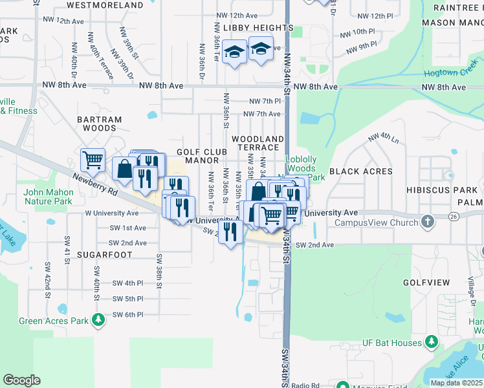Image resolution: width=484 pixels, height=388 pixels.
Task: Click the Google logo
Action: pos(21,380)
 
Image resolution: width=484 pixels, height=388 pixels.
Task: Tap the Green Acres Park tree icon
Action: pos(98,319)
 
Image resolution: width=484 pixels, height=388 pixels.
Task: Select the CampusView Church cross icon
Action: pos(427,222)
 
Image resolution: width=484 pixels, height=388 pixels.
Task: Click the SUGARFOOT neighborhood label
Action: pos(104,255)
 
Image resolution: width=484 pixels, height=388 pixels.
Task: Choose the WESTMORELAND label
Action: pos(104,5)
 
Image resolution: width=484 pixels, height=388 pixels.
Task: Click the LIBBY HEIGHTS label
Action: pos(258,28)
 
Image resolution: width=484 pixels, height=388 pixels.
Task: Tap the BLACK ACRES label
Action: pos(360,171)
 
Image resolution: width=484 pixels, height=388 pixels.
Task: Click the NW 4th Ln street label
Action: pos(383,137)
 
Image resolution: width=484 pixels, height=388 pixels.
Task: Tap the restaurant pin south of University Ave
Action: pos(230,232)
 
